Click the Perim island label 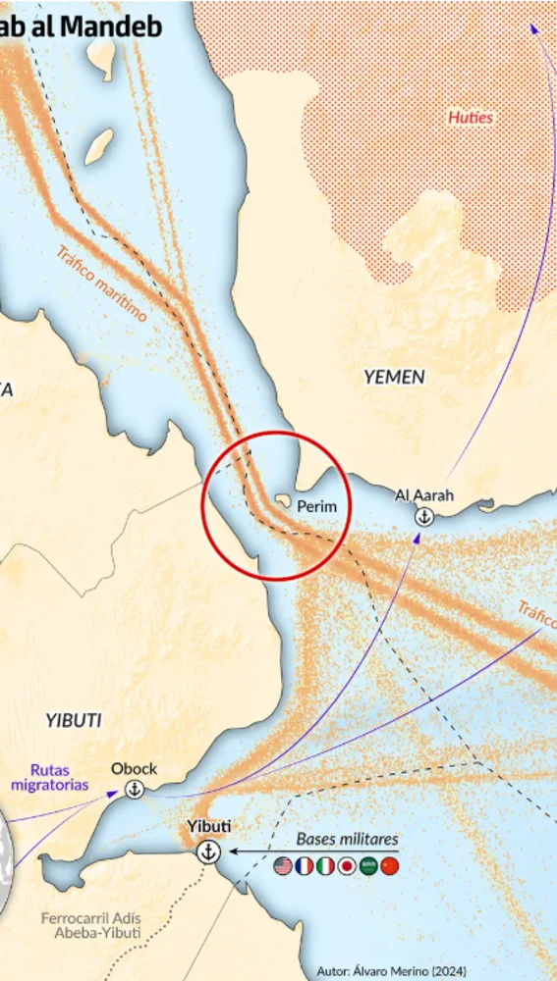point(316,507)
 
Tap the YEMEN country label point(394,377)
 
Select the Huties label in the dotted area point(471,118)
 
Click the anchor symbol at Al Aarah point(424,516)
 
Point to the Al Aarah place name point(424,495)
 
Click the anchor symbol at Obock point(134,789)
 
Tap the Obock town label point(134,769)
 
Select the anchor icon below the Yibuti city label point(207,852)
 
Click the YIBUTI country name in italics point(74,719)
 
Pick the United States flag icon point(283,866)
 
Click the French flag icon point(305,866)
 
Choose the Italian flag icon point(325,866)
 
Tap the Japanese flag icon point(347,866)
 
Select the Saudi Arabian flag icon point(368,866)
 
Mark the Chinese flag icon point(390,866)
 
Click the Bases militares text point(348,840)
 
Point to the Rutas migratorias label point(50,777)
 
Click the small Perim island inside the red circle point(282,501)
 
